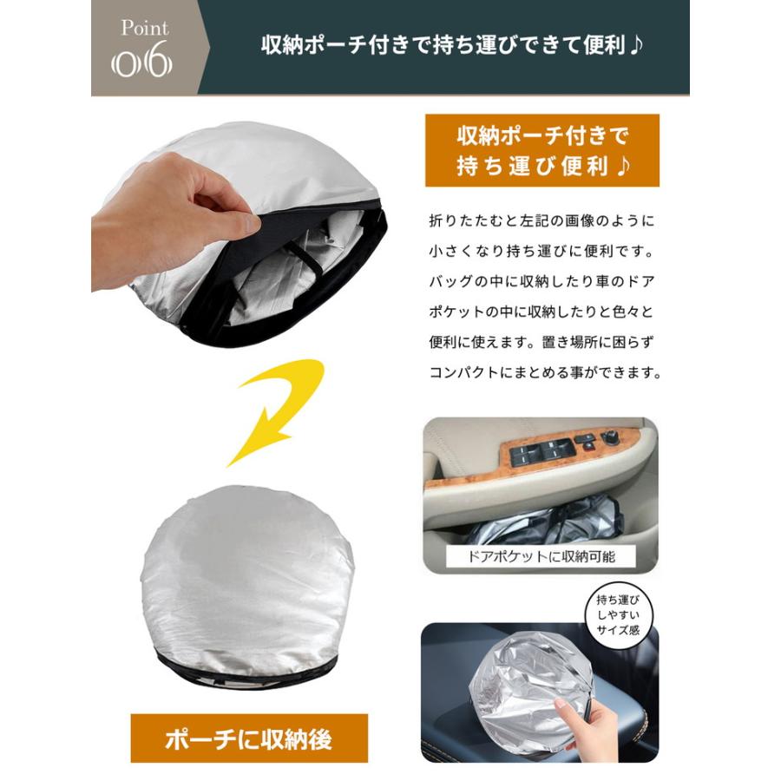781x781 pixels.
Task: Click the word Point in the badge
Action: [x=144, y=28]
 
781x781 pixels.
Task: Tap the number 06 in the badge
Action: [x=143, y=64]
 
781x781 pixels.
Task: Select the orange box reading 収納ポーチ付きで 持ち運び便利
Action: [x=541, y=150]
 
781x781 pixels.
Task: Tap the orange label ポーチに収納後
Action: [x=249, y=738]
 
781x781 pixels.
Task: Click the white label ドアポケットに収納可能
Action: [x=541, y=556]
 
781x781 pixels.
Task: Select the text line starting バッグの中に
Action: [x=541, y=283]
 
